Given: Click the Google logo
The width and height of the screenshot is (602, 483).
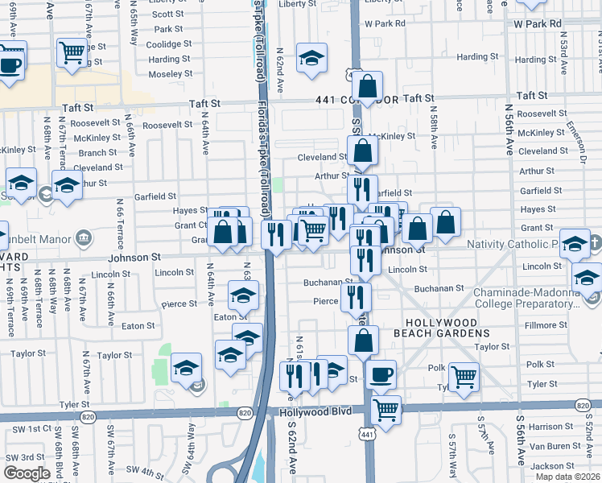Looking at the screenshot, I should (27, 473).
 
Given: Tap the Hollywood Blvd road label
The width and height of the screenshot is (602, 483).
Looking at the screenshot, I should (315, 411).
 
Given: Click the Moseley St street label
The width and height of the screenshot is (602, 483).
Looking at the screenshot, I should (170, 74).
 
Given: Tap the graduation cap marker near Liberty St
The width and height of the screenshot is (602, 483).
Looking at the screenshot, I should (311, 58).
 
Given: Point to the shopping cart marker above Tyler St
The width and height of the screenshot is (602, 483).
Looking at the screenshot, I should (464, 376).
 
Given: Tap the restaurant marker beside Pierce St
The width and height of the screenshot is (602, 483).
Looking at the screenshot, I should (356, 295).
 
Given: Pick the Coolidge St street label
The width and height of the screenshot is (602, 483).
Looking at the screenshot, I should (169, 44).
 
